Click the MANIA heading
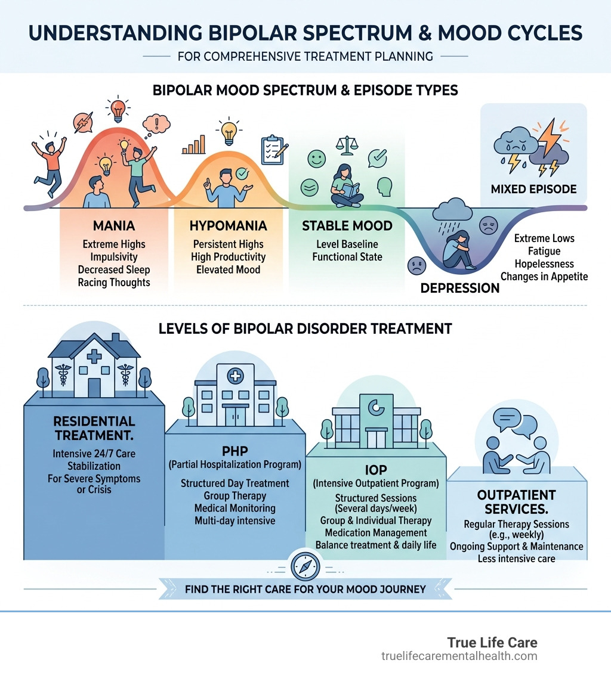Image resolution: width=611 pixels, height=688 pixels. pos(114,226)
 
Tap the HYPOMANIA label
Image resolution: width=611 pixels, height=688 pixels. pos(229,226)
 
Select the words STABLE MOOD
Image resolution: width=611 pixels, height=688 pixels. pos(347,226)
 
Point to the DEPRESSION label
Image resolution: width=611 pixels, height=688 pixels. pos(459,288)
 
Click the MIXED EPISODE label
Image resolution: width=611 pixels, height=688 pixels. pos(533,189)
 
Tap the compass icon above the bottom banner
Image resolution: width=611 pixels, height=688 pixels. pos(305,567)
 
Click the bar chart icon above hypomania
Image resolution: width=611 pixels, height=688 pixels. pos(194,145)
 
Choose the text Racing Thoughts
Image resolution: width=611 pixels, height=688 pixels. pos(114,282)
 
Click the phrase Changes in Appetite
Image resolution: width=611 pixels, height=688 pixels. pos(544,276)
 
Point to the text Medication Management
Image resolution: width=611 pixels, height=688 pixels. pos(376,532)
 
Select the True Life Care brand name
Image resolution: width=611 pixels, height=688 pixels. pos(492,643)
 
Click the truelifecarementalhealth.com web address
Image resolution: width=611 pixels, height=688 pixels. pos(459,656)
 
